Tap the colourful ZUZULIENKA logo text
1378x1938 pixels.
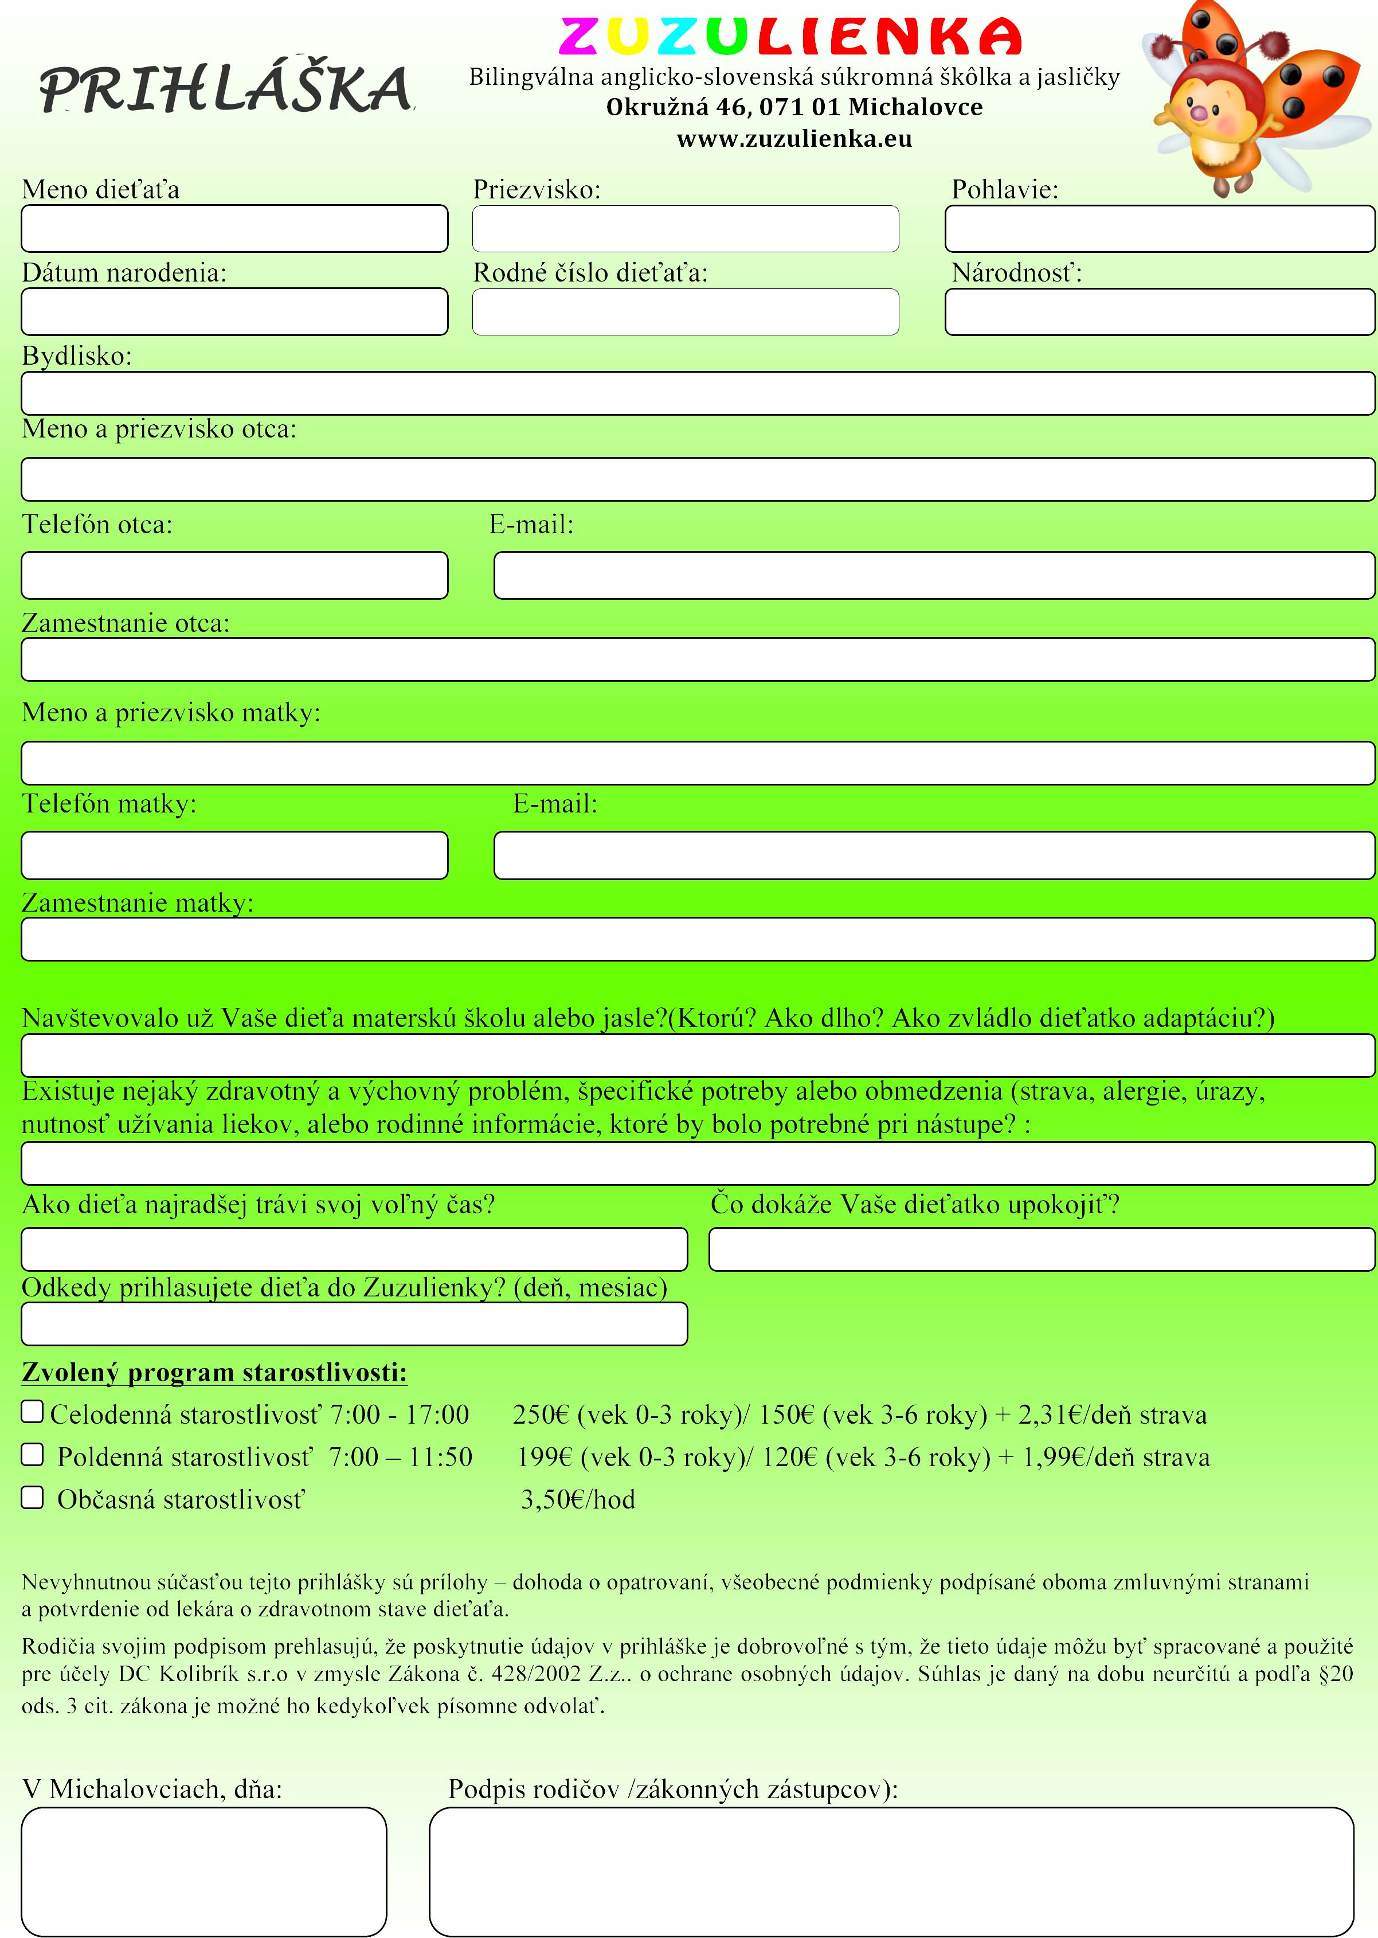point(790,37)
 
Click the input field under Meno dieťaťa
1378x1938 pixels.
point(234,228)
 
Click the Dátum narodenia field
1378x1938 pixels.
point(234,311)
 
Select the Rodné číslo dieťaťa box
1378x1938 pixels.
point(685,311)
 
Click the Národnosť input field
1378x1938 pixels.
point(1159,311)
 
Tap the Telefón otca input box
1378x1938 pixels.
point(234,575)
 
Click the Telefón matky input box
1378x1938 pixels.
point(234,855)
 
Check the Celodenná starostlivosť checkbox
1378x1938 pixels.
point(32,1411)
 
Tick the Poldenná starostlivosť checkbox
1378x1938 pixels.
point(32,1454)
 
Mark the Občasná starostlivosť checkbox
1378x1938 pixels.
point(32,1497)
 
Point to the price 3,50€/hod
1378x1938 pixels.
point(578,1499)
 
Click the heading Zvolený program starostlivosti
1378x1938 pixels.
point(214,1372)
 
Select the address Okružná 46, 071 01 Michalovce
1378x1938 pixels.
point(794,108)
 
